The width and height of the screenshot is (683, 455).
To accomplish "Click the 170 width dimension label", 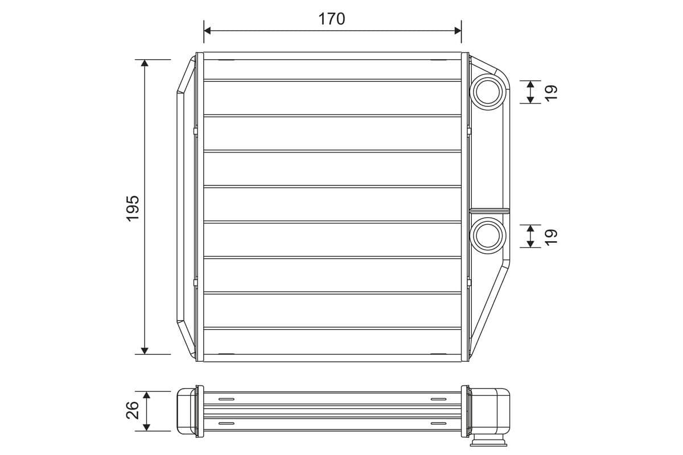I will (331, 19).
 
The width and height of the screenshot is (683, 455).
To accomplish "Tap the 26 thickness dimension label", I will (133, 410).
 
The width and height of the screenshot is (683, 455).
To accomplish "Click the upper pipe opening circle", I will (487, 91).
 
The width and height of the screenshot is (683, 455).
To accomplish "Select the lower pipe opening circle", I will (487, 235).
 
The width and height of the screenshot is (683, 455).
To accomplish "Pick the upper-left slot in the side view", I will (226, 399).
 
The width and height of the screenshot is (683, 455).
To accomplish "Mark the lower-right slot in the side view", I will (439, 424).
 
